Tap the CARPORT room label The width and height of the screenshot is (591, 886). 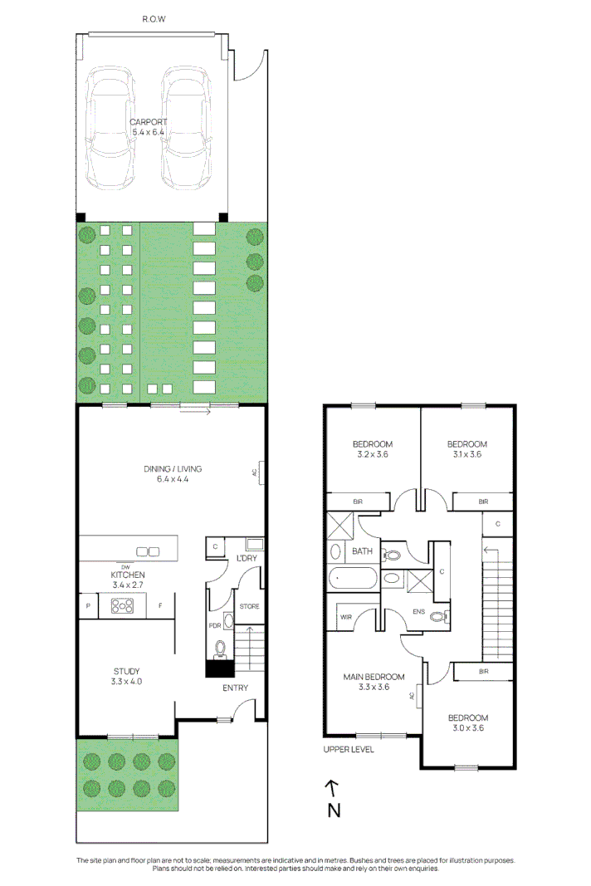coord(149,122)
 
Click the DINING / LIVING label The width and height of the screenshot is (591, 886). coord(172,469)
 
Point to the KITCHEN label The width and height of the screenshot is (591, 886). coord(128,575)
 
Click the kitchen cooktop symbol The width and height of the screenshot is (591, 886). coord(122,606)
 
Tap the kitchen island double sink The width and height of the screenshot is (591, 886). coord(148,551)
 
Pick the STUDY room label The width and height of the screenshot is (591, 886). coord(126,671)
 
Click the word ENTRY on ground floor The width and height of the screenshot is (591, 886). coord(235,688)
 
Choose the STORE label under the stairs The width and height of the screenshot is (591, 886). coord(249,606)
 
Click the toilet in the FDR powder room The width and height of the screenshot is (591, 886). coord(220,648)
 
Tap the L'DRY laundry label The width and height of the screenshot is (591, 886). coord(247,557)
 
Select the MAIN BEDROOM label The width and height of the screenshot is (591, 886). coord(374,677)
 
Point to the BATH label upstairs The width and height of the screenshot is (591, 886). coord(363,551)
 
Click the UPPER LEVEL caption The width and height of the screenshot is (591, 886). coord(349,749)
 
